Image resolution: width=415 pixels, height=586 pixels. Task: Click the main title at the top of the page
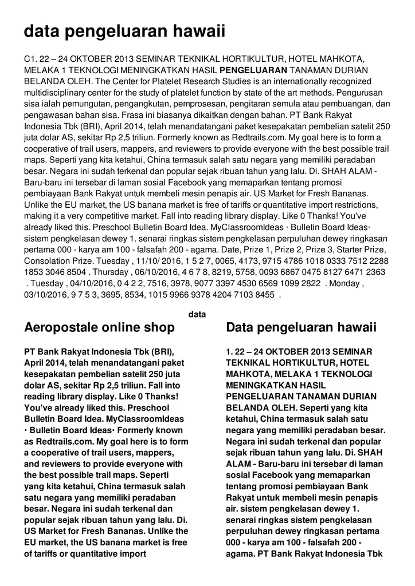click(x=124, y=31)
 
